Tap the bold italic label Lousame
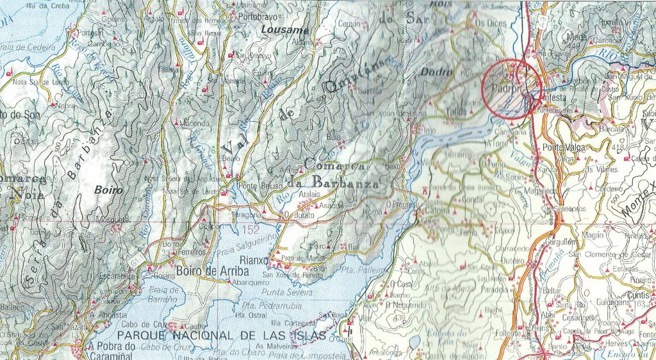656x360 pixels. [x=286, y=29]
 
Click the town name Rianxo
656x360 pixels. [x=252, y=259]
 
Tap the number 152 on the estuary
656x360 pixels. [x=250, y=229]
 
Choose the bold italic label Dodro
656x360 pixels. [x=436, y=72]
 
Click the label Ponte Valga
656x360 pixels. [x=562, y=148]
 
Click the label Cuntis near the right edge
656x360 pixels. [x=639, y=295]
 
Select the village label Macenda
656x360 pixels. [x=195, y=123]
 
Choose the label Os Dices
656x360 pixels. [x=491, y=23]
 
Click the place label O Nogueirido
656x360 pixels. [x=406, y=305]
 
